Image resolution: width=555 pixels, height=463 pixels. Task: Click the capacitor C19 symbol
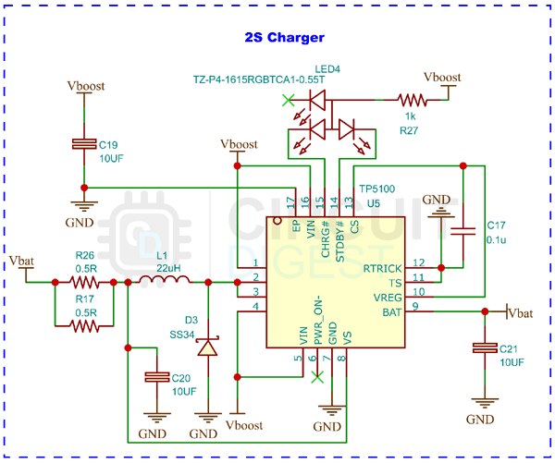tap(84, 144)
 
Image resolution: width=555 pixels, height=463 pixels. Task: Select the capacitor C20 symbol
tap(152, 378)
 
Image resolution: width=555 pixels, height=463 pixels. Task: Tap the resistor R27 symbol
tap(410, 100)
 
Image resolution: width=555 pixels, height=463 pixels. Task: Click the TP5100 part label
tap(376, 189)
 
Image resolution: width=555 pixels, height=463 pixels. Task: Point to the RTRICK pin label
tap(383, 269)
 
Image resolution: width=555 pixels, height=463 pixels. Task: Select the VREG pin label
tap(388, 298)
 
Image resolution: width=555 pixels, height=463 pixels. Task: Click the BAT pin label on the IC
tap(393, 312)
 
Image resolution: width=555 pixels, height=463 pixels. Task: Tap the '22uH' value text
tap(167, 267)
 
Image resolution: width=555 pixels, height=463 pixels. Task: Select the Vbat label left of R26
tap(21, 261)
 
